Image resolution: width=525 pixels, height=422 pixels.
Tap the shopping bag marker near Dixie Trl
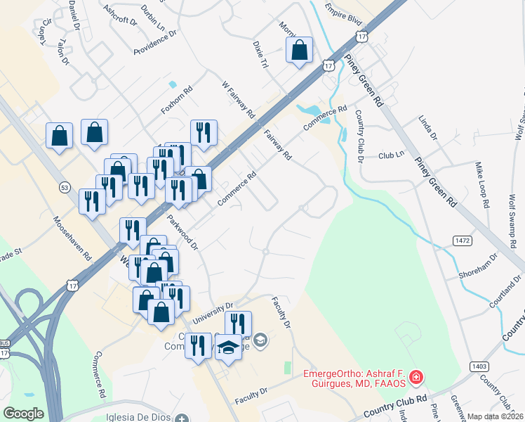coord(299,50)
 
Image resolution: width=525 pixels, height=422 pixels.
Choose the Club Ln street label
coord(392,155)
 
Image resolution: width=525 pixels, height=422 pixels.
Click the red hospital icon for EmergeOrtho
coord(416,378)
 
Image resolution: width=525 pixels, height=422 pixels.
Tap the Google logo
coord(24,414)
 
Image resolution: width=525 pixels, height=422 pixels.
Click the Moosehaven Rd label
coord(73,238)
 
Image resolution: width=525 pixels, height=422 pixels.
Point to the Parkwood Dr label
coord(182,233)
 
